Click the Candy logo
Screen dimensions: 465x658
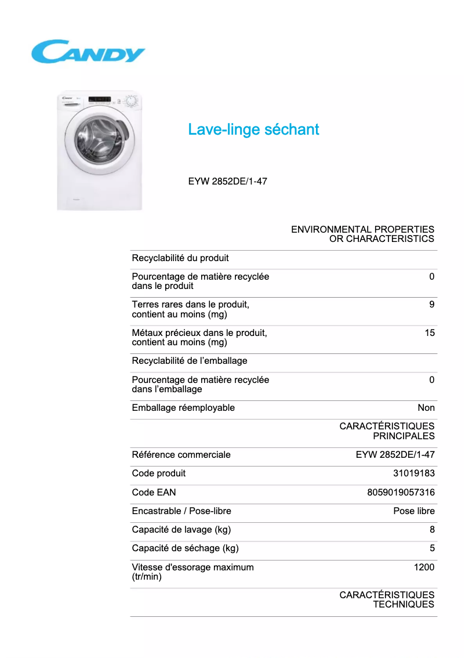(x=88, y=52)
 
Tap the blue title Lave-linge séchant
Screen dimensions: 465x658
(x=253, y=129)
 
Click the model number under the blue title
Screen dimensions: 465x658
(x=227, y=181)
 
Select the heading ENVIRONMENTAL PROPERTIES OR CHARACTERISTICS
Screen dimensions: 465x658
(x=362, y=234)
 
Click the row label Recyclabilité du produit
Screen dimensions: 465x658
(x=180, y=258)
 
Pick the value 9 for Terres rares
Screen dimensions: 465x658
(x=431, y=305)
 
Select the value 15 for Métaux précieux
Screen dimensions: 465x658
(x=429, y=333)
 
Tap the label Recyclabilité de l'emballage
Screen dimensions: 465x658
(x=190, y=361)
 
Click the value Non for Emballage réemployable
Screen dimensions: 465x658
(x=426, y=408)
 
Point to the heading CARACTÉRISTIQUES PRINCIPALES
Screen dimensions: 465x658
(x=387, y=431)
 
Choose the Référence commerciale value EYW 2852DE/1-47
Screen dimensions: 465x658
(x=395, y=455)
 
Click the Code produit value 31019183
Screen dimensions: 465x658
(x=413, y=473)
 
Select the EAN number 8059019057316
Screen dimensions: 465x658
(x=401, y=493)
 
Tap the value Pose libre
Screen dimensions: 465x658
(x=413, y=511)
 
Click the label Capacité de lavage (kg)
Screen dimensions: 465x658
(x=181, y=530)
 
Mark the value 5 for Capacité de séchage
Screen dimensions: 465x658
(x=432, y=548)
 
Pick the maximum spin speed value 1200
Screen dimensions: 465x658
(x=424, y=567)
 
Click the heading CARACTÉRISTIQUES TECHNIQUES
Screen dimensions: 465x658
(x=387, y=599)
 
